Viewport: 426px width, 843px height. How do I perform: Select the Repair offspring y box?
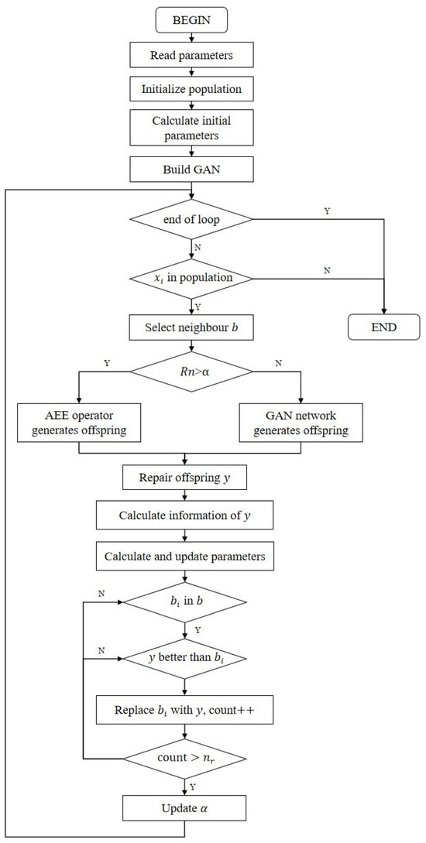(184, 478)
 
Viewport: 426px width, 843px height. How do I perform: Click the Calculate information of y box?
(184, 515)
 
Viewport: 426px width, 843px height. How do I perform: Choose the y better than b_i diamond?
(184, 659)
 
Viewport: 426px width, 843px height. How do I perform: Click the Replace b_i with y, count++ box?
(184, 708)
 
